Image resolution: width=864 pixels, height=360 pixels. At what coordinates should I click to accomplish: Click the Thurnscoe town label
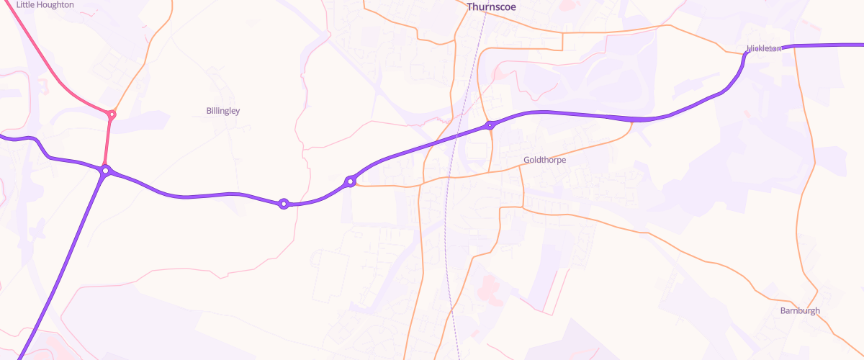(x=491, y=7)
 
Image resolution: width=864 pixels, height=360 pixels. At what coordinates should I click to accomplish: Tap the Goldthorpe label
(x=544, y=160)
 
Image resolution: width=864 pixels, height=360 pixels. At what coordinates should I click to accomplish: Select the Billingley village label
(x=222, y=111)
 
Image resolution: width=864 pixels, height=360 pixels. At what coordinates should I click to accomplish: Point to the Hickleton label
(x=764, y=48)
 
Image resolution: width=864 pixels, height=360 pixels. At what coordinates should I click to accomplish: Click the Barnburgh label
(x=800, y=310)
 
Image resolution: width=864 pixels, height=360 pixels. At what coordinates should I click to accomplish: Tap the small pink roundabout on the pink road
(x=112, y=114)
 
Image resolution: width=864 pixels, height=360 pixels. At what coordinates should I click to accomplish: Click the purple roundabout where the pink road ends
(x=106, y=171)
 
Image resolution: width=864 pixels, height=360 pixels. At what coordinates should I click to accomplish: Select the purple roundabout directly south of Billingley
(x=284, y=204)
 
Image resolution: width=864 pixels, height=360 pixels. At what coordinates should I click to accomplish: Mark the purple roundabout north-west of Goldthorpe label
(x=490, y=125)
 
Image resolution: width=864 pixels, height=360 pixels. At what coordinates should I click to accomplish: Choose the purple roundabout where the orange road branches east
(x=350, y=181)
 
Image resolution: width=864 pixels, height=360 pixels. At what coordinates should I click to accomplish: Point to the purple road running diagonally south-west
(x=65, y=259)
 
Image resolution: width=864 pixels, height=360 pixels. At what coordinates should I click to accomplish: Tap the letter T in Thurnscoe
(x=469, y=7)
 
